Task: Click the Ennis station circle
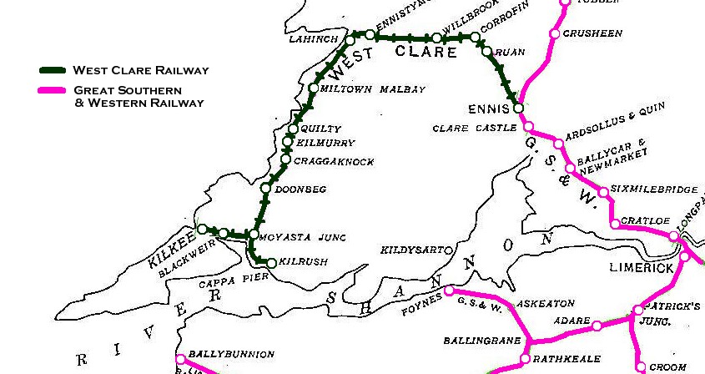[x=518, y=109]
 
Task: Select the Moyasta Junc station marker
[x=252, y=235]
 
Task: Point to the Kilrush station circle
[x=271, y=263]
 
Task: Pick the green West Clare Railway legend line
[x=54, y=70]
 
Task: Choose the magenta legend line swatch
[x=54, y=90]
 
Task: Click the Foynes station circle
[x=449, y=291]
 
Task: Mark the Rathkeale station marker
[x=524, y=359]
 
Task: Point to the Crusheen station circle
[x=554, y=34]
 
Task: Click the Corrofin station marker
[x=476, y=38]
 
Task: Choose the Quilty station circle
[x=293, y=129]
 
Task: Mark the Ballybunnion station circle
[x=179, y=360]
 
